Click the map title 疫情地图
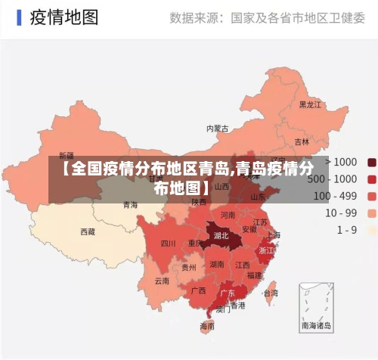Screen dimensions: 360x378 coord(64,18)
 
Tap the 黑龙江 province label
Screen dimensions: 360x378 coord(310,104)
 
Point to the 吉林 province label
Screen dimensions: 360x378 coord(302,141)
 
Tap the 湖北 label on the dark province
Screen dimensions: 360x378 coord(222,235)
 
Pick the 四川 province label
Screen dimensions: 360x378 coord(168,244)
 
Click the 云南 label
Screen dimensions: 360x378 coord(162,281)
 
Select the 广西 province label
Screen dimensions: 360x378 coord(199,290)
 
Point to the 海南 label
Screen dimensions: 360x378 coord(207,327)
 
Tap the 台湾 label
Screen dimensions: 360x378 coord(270,293)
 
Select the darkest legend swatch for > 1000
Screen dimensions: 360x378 coord(371,162)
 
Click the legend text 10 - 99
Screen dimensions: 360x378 coord(341,213)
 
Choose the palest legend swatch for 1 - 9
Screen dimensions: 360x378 coord(371,229)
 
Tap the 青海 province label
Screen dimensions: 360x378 coord(131,204)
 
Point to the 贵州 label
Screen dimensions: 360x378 coord(189,267)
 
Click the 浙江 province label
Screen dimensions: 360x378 coord(267,250)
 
